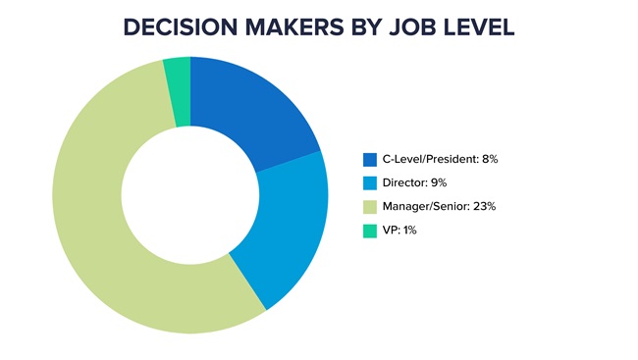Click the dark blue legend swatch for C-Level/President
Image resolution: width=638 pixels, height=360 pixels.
[369, 159]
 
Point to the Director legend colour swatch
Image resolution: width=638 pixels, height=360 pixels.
[369, 182]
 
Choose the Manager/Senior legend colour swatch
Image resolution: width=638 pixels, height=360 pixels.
[369, 207]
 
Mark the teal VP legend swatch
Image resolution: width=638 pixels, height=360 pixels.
[369, 231]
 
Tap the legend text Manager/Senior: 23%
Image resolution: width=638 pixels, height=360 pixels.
[439, 207]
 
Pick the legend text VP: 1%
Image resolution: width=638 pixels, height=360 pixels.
[400, 231]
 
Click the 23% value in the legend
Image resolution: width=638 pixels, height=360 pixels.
[484, 207]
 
